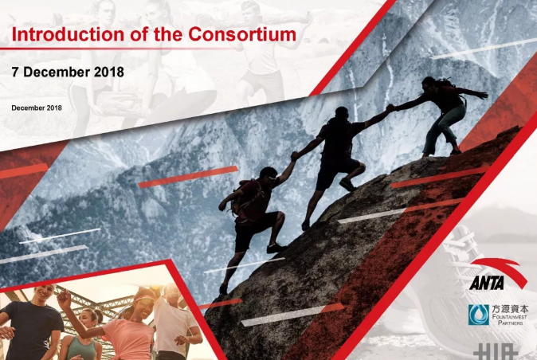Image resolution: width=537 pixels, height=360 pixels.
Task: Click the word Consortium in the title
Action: pos(242,34)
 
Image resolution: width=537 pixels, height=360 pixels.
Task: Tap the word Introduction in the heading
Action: pos(68,34)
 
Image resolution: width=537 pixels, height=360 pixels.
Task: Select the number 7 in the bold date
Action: pos(15,72)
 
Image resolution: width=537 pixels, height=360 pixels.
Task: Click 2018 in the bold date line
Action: pos(109,72)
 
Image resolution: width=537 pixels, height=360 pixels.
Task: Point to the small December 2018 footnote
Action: pos(37,108)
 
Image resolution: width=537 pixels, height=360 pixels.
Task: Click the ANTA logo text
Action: pos(487,283)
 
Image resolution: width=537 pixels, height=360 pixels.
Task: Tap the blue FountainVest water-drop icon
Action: pos(479,315)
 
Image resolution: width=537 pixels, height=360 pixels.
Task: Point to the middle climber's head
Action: pos(342,112)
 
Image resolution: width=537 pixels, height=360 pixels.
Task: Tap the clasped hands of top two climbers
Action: pos(390,108)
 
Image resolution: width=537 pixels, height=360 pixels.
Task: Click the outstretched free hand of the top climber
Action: pos(484,95)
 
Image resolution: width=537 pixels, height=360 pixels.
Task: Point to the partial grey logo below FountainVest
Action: pos(496,351)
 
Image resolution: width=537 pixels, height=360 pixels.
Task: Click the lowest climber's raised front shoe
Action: pos(276,248)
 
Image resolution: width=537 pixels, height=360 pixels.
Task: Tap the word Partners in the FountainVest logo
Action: pos(510,323)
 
